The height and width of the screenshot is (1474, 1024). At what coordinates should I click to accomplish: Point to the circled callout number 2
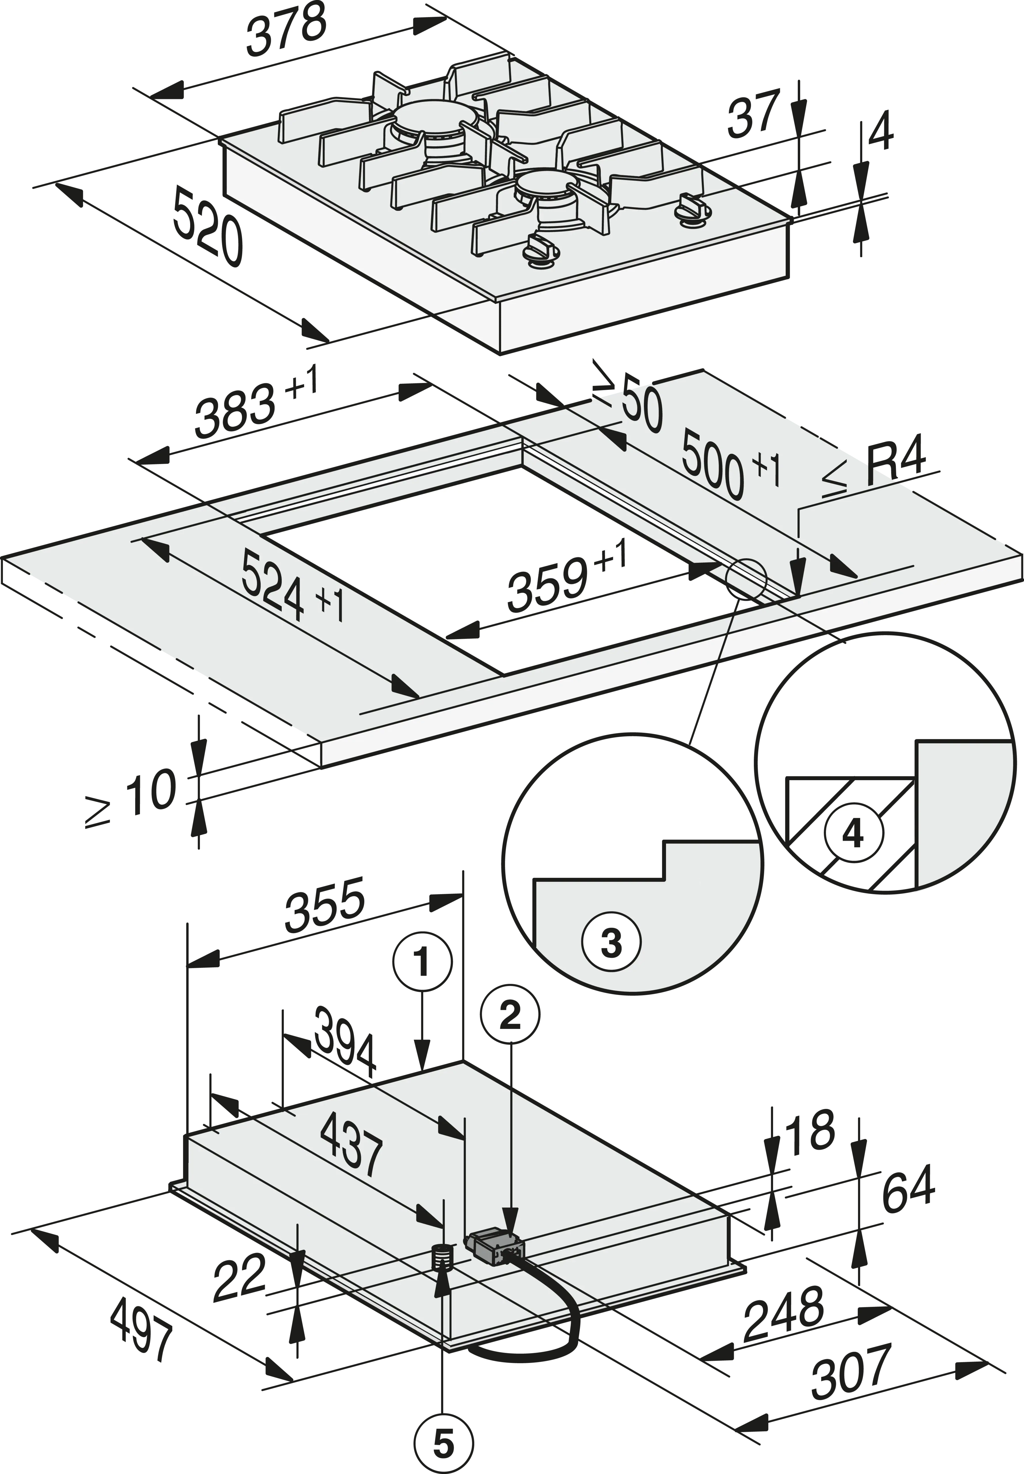511,1016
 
